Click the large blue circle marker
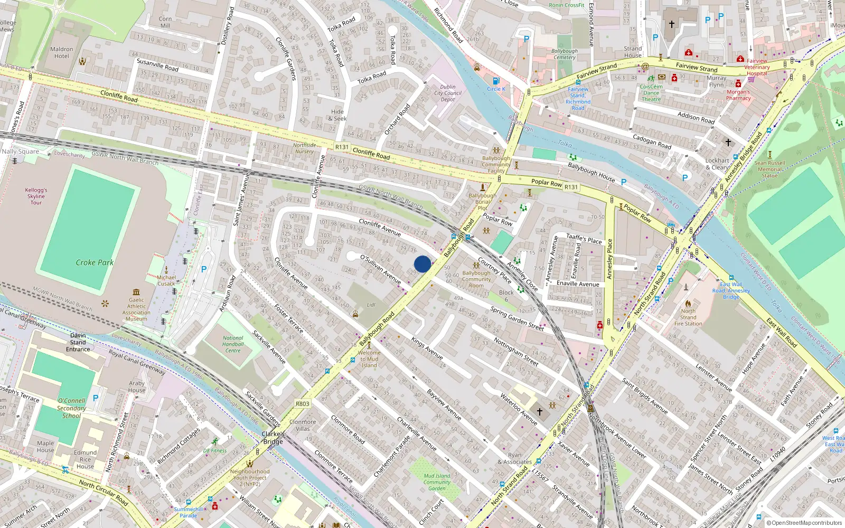[422, 264]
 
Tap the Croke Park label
[95, 262]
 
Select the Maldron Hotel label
[61, 52]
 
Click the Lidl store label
[371, 305]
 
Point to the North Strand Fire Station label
[688, 317]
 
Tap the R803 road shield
[302, 403]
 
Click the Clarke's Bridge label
[273, 438]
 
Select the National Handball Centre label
[233, 344]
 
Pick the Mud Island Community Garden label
[437, 482]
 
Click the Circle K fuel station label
[496, 89]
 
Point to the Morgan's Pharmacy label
[738, 95]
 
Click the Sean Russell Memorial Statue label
[769, 169]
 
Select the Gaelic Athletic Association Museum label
[136, 309]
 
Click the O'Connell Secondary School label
[71, 408]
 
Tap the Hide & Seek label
[337, 115]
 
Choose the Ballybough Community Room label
[476, 279]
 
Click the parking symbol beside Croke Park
[204, 269]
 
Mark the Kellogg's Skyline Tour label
[36, 196]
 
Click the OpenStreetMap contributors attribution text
[804, 523]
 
